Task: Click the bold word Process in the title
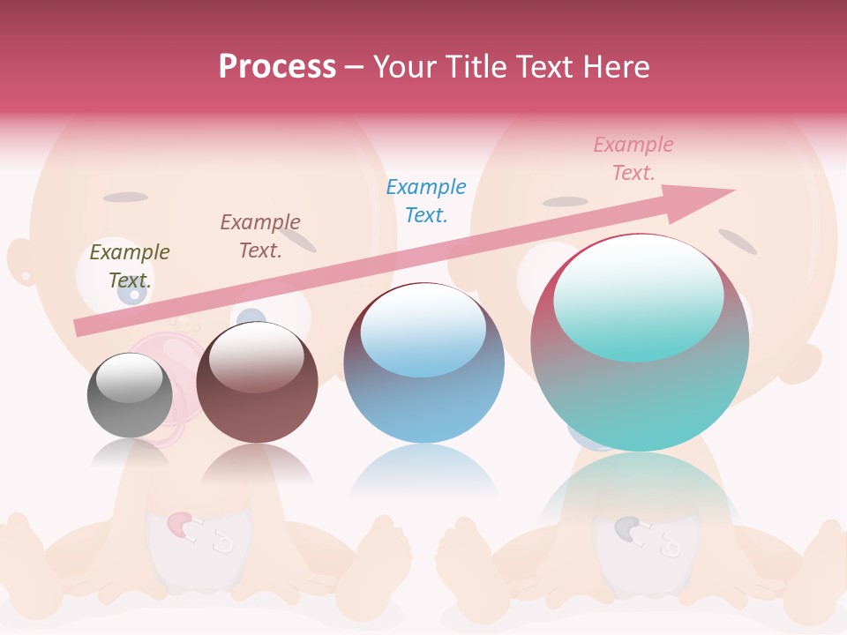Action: (277, 67)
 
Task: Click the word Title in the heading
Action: (477, 67)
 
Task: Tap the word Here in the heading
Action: (616, 67)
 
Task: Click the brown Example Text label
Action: (260, 236)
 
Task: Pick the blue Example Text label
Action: (426, 201)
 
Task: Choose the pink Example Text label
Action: (633, 159)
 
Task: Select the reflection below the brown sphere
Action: (257, 465)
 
